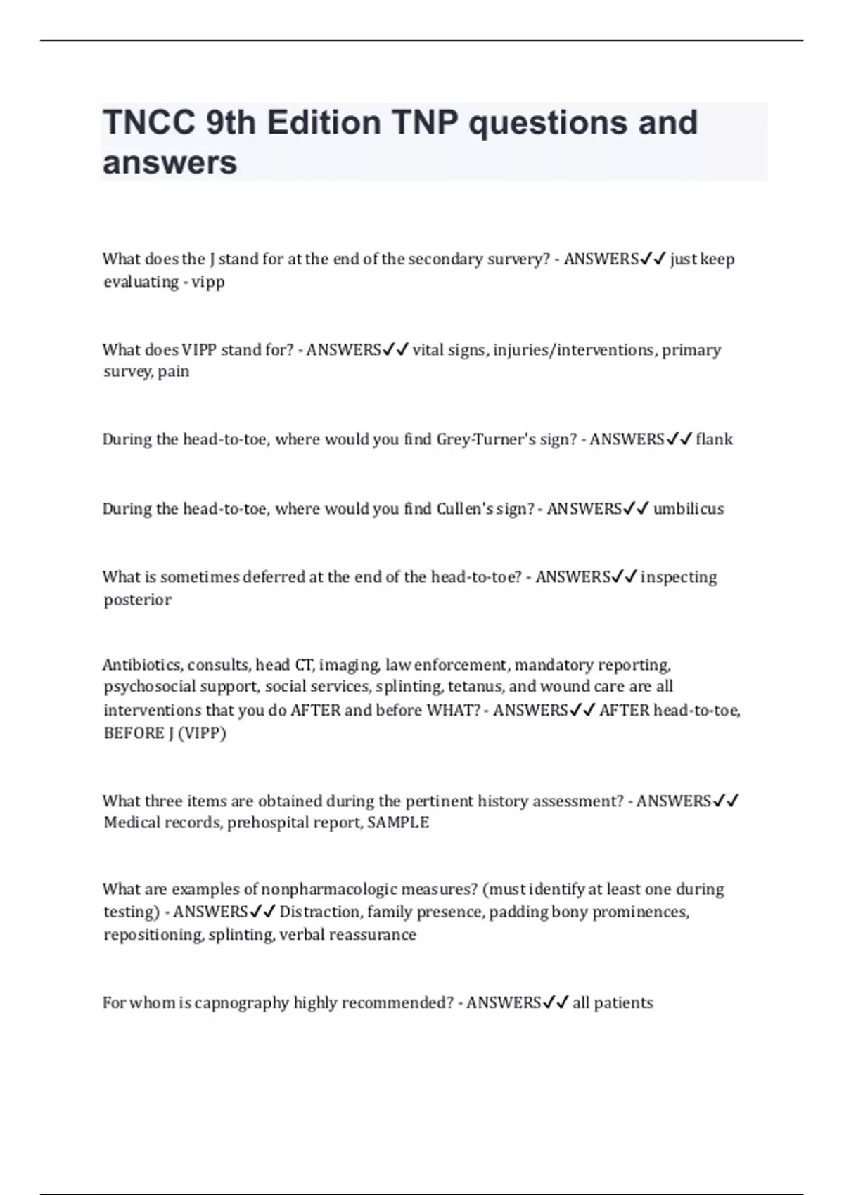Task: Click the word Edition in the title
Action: (324, 122)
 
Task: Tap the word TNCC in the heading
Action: (149, 122)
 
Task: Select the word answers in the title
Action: (170, 162)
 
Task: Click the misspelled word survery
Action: (517, 259)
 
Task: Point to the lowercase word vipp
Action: (208, 282)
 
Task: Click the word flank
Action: (714, 439)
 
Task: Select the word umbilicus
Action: (689, 509)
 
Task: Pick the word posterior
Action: (137, 600)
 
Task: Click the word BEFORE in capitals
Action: (132, 732)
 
